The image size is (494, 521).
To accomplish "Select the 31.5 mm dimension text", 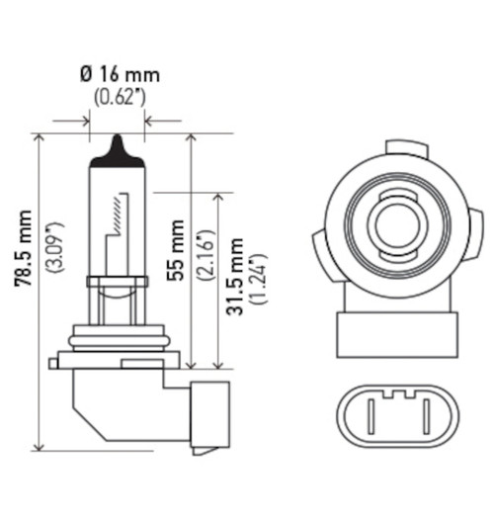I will click(235, 282).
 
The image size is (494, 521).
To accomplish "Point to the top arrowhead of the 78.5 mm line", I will click(41, 138).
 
